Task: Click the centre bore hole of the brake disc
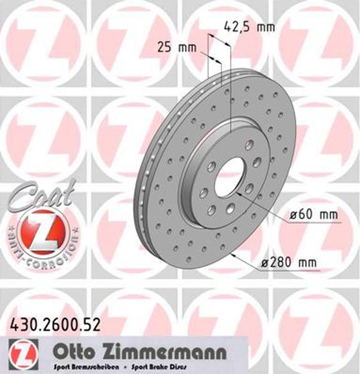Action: coord(229,177)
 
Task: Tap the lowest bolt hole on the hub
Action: coord(211,210)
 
